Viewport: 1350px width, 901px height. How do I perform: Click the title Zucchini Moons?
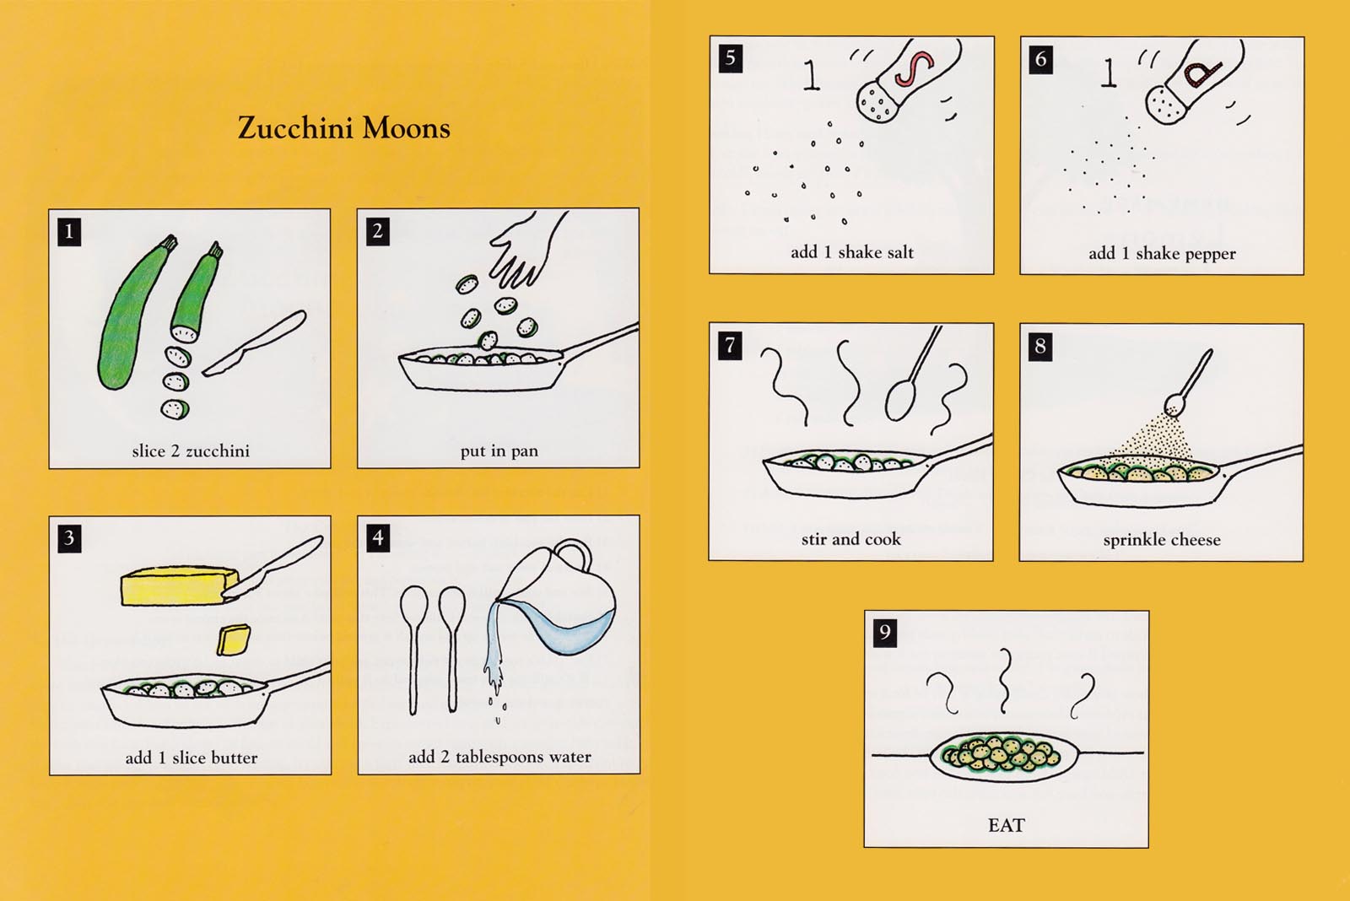pyautogui.click(x=344, y=128)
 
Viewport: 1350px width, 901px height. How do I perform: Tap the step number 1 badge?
pyautogui.click(x=69, y=232)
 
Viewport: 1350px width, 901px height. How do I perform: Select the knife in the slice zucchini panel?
pyautogui.click(x=254, y=343)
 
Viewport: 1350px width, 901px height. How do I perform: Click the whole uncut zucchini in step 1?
pyautogui.click(x=134, y=313)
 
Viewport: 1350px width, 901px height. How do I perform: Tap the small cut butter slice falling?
pyautogui.click(x=233, y=640)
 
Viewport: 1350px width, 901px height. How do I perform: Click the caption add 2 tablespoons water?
pyautogui.click(x=499, y=757)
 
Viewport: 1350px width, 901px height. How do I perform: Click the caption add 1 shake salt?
pyautogui.click(x=851, y=252)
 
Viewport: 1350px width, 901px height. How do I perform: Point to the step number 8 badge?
pyautogui.click(x=1040, y=347)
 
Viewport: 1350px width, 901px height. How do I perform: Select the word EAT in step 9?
pyautogui.click(x=1006, y=825)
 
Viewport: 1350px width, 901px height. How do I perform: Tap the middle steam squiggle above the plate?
pyautogui.click(x=1004, y=681)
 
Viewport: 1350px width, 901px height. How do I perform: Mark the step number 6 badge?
pyautogui.click(x=1041, y=60)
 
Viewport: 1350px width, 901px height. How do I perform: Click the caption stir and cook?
pyautogui.click(x=850, y=539)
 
